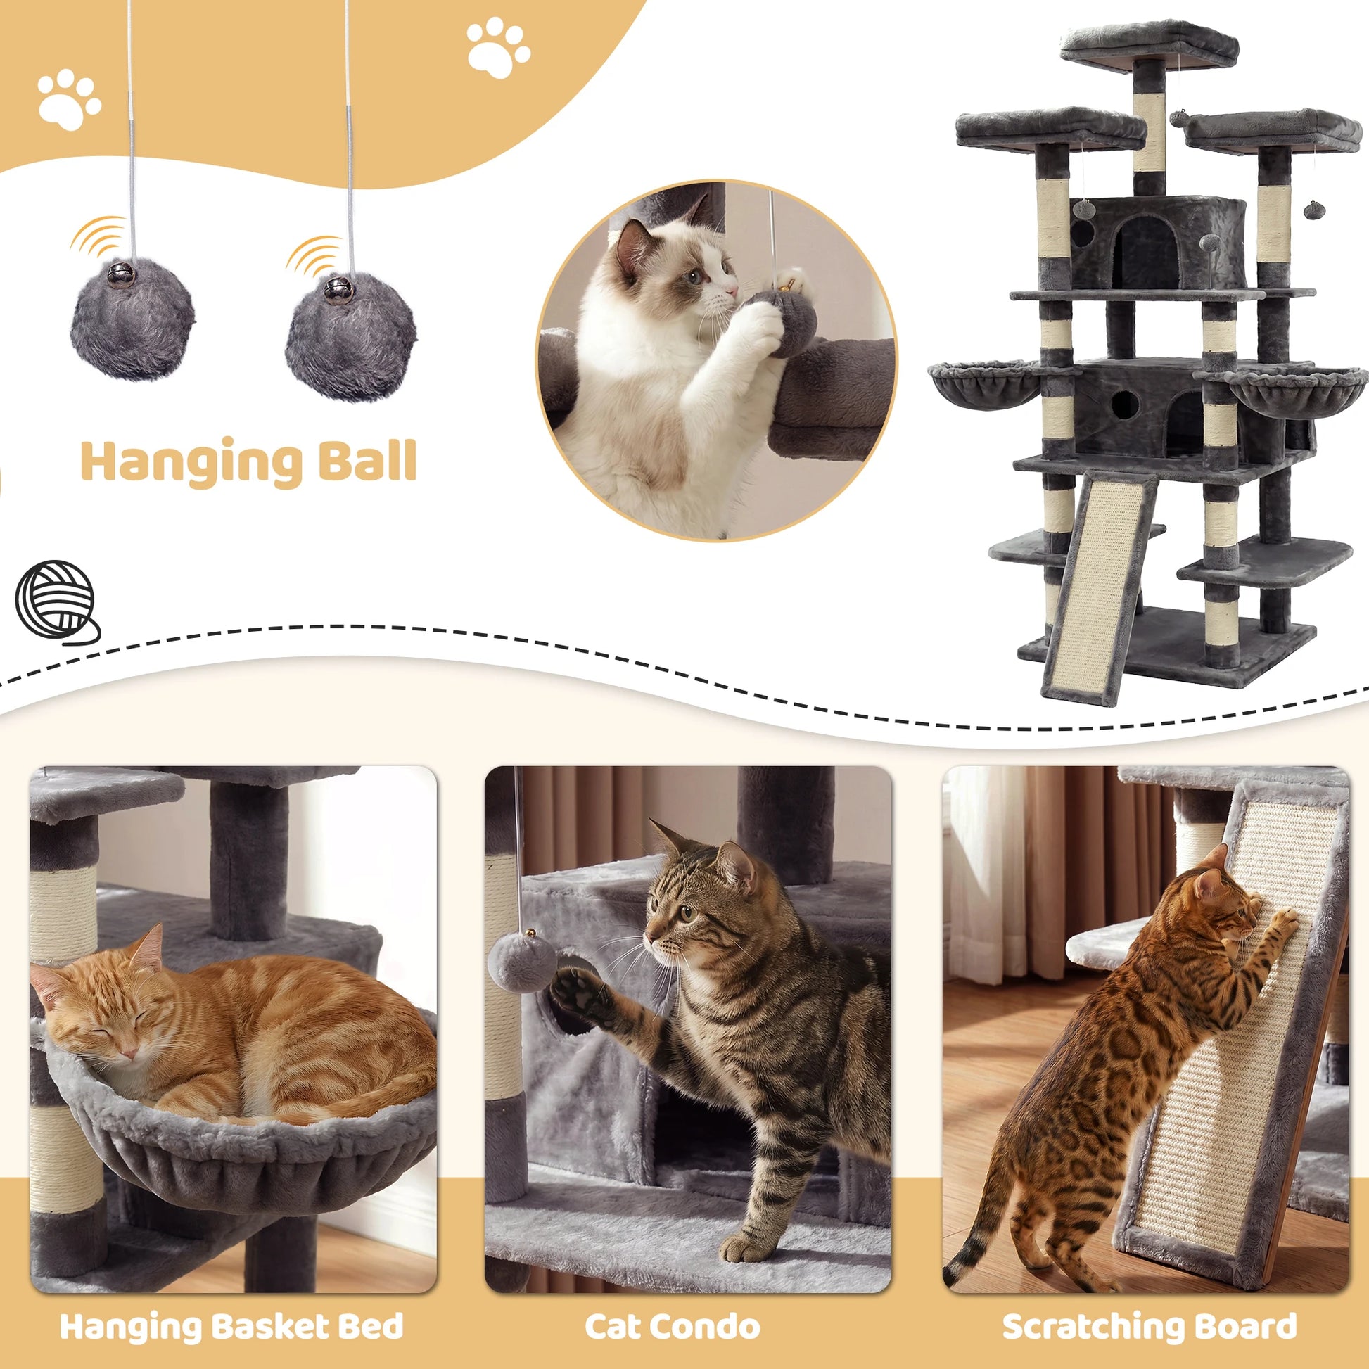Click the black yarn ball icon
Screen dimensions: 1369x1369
click(x=57, y=602)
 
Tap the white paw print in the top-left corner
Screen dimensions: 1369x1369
click(x=69, y=99)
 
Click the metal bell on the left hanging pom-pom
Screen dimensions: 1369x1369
click(x=118, y=273)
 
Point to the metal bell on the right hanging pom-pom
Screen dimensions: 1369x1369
click(x=336, y=289)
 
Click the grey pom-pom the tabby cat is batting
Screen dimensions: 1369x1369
click(x=521, y=964)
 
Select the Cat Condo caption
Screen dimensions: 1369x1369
click(x=672, y=1327)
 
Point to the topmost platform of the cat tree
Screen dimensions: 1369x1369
click(x=1150, y=44)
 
